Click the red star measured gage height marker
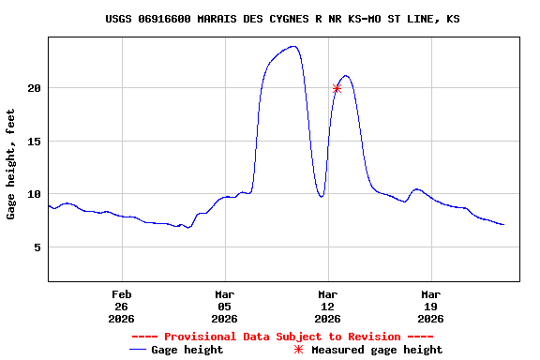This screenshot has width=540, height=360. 337,88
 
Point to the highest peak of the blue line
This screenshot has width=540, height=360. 294,46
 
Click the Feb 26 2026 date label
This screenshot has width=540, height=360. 121,307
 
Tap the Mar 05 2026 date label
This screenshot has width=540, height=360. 224,307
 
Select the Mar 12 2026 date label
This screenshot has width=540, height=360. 327,307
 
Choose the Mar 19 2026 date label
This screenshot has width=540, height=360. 430,307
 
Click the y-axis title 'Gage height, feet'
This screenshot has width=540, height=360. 11,165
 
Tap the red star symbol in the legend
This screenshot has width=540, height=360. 299,350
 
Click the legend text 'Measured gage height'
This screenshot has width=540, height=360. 377,350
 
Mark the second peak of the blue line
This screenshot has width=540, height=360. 346,76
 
